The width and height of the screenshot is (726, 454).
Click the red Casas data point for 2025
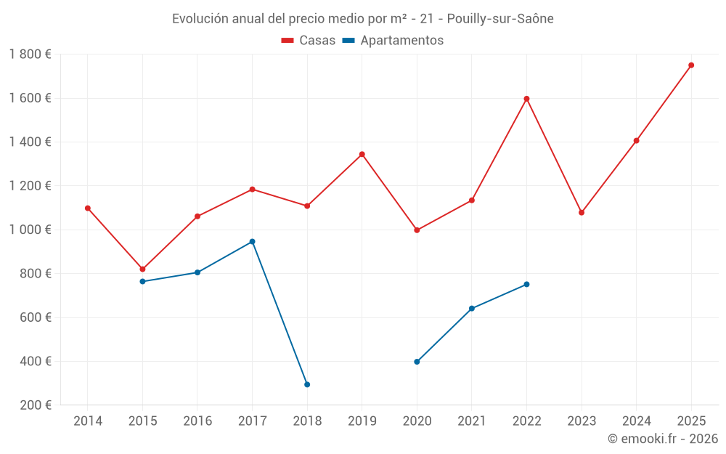click(x=691, y=65)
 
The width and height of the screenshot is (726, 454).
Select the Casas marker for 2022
click(x=526, y=99)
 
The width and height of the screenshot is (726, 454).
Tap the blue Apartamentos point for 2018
click(x=307, y=384)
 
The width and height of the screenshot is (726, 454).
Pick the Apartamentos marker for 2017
click(x=252, y=241)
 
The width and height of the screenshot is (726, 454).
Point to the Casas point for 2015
click(x=142, y=269)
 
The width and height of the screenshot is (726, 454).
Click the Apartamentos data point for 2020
click(x=417, y=362)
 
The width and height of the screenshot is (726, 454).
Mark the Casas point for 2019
click(x=362, y=154)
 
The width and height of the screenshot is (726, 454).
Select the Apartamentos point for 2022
click(x=526, y=284)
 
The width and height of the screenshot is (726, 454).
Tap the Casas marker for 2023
click(x=582, y=213)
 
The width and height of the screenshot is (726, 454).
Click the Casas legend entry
click(x=309, y=41)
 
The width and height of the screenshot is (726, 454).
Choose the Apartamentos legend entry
click(x=393, y=41)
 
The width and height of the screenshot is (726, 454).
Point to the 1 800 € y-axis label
click(x=30, y=54)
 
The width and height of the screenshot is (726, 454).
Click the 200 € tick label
click(x=36, y=405)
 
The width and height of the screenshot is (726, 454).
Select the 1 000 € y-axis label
click(x=30, y=230)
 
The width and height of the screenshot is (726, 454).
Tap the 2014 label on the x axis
click(x=88, y=421)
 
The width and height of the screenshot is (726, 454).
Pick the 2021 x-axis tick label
click(x=472, y=421)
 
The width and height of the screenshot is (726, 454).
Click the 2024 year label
click(x=637, y=421)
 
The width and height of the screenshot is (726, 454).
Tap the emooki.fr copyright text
click(x=662, y=439)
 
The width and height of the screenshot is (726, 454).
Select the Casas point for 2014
click(x=88, y=208)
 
